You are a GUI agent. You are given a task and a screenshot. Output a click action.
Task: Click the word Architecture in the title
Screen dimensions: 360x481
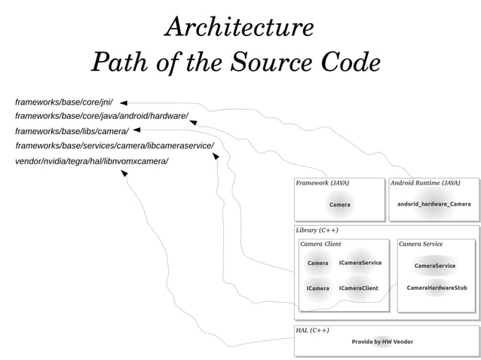[239, 28]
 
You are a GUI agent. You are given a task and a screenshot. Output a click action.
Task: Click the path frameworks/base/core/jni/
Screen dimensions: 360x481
[63, 102]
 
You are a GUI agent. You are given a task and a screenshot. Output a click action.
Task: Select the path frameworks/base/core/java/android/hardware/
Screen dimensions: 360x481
[102, 116]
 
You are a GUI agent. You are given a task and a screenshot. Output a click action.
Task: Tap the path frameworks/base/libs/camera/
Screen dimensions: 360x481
[72, 131]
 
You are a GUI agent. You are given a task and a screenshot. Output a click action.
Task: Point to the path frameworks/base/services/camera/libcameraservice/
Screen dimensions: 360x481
[115, 145]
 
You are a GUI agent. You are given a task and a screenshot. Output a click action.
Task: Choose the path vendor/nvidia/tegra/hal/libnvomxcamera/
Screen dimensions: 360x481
[91, 161]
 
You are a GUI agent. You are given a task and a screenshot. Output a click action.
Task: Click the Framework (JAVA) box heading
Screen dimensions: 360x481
[322, 183]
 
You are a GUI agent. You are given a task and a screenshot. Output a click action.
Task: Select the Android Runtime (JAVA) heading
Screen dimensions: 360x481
[425, 183]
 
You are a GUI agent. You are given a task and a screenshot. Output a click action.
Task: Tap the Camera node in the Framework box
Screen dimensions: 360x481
[339, 205]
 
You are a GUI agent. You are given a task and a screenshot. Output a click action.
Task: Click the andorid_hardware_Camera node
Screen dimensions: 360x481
[434, 204]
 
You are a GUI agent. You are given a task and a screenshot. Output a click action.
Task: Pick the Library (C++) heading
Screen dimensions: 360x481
[317, 230]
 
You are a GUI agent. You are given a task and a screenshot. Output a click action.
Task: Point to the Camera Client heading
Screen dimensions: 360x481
[320, 244]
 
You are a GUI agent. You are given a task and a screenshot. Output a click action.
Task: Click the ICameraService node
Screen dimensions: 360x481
[360, 263]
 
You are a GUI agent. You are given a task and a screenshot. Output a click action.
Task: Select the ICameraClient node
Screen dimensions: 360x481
[359, 288]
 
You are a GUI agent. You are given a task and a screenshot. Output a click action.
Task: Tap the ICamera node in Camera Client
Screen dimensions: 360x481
[317, 288]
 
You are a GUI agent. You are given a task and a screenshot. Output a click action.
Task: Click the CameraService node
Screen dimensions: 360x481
[435, 266]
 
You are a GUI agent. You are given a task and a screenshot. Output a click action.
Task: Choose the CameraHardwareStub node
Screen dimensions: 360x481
[437, 288]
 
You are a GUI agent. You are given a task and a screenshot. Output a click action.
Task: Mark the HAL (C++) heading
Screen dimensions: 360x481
[312, 331]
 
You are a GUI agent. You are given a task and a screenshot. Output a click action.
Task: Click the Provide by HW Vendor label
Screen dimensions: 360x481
[382, 342]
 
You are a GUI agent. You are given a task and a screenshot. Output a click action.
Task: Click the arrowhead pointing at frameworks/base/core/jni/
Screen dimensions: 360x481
[124, 102]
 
